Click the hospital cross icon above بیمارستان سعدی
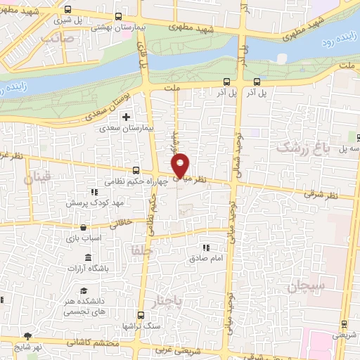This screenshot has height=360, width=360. [127, 117]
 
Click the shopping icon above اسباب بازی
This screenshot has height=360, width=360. [84, 228]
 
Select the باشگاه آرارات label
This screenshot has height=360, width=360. [88, 269]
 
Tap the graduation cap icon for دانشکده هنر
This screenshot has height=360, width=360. [84, 291]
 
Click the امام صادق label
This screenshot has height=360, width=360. [205, 259]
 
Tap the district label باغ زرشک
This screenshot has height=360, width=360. [302, 148]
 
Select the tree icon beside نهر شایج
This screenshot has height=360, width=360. [27, 337]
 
